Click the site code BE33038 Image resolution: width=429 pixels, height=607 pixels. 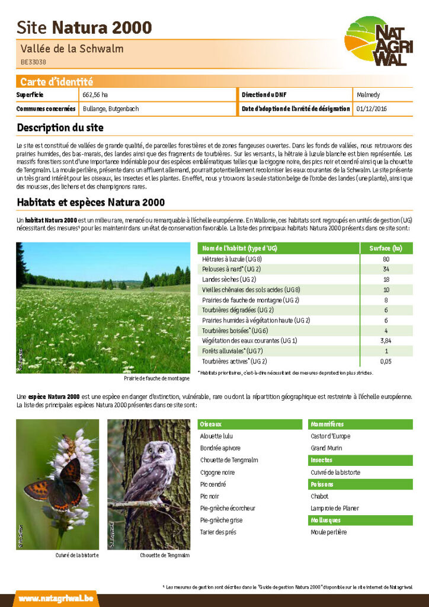coord(33,61)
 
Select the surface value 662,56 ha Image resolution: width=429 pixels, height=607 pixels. coord(95,95)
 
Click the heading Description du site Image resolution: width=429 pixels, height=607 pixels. coord(60,127)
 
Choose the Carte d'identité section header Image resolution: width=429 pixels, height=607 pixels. coord(56,82)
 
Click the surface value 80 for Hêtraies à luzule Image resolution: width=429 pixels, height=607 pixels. coord(386,259)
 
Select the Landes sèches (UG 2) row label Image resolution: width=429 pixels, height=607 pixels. coord(229,279)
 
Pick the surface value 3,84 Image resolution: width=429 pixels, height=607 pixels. coord(386,340)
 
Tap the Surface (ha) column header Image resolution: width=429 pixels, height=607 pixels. coord(386,248)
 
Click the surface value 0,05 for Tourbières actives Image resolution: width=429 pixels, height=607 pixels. coord(386,361)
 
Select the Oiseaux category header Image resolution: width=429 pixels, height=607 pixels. coord(211,424)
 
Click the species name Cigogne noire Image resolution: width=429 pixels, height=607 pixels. coord(217,472)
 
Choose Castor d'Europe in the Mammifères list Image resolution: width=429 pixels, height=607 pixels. coord(331,436)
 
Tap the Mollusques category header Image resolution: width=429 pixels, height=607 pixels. coord(325,520)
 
